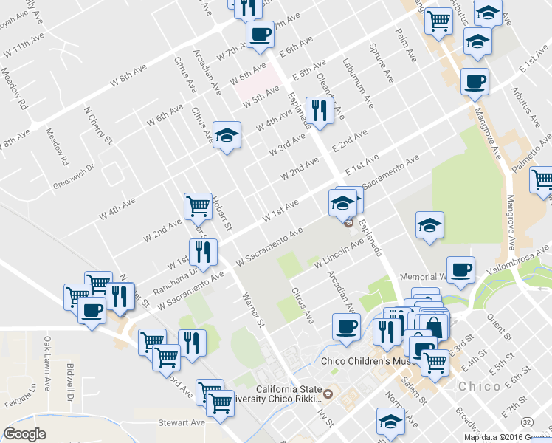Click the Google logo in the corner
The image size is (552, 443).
click(24, 434)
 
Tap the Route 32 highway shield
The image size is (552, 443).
click(526, 421)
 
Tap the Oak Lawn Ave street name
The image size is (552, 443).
click(48, 358)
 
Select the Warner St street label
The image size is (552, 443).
click(253, 310)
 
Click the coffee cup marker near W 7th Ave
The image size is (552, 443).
click(259, 34)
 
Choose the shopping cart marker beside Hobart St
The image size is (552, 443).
click(198, 205)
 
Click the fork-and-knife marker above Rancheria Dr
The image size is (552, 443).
click(202, 252)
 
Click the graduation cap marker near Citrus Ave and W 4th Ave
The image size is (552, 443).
click(227, 135)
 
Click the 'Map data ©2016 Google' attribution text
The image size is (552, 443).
click(507, 436)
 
